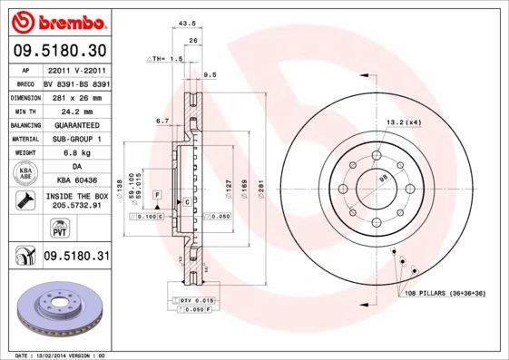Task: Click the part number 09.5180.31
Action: [75, 257]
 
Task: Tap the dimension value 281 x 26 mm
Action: [75, 95]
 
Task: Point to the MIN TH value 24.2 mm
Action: [75, 110]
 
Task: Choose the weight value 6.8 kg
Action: [75, 153]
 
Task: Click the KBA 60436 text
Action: [75, 181]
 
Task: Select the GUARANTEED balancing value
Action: [75, 124]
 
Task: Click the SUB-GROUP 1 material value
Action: [75, 139]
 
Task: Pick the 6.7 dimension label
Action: [162, 120]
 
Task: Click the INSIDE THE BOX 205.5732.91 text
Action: [75, 201]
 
